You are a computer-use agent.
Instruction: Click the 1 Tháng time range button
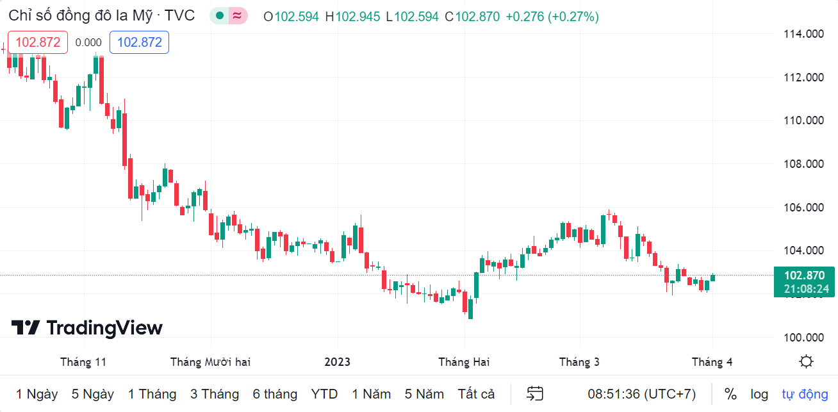coord(152,394)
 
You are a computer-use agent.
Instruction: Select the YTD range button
coord(324,394)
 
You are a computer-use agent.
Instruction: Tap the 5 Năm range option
coord(423,394)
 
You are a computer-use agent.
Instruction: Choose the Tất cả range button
coord(476,394)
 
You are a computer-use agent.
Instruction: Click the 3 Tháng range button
coord(214,394)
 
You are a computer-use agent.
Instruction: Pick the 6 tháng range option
coord(275,394)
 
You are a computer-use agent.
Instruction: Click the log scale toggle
coord(759,394)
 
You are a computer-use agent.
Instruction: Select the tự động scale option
coord(805,394)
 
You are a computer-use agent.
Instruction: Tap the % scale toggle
coord(730,394)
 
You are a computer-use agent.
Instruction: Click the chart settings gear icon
coord(806,361)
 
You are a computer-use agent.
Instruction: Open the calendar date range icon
coord(535,394)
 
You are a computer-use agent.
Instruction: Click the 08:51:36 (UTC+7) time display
coord(642,394)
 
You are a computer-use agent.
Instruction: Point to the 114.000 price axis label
coord(804,34)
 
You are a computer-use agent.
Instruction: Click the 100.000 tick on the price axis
coord(804,338)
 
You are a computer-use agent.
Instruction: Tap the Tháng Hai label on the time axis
coord(464,362)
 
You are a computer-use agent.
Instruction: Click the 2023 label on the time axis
coord(337,362)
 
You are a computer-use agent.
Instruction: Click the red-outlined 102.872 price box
coord(38,42)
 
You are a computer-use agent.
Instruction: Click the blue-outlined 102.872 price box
coord(139,42)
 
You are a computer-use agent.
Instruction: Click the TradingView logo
coord(87,328)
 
